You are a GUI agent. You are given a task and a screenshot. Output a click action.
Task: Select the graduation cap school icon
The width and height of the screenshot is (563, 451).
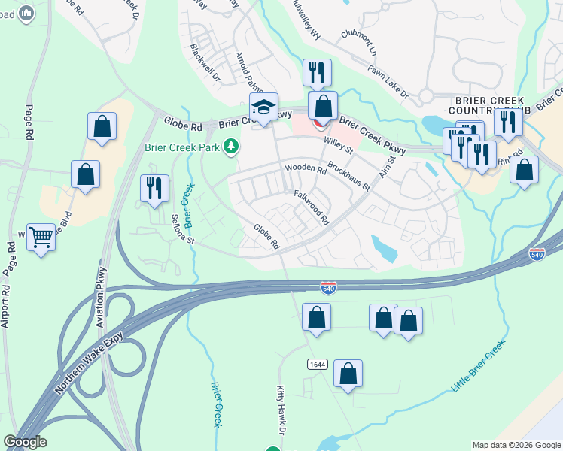coord(264,107)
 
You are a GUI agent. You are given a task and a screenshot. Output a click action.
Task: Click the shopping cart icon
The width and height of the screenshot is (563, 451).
coord(41,238)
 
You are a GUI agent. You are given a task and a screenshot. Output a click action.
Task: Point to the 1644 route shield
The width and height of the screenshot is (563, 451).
coord(317,364)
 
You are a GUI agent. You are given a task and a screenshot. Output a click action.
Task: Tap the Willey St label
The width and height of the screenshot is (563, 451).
coord(339,139)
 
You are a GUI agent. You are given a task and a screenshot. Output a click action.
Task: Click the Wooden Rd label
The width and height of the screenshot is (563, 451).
coord(305,169)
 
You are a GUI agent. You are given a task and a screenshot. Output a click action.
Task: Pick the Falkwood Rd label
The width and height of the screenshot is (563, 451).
coord(312,207)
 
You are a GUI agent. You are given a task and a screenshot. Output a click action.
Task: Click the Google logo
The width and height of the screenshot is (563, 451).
coord(25,442)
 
